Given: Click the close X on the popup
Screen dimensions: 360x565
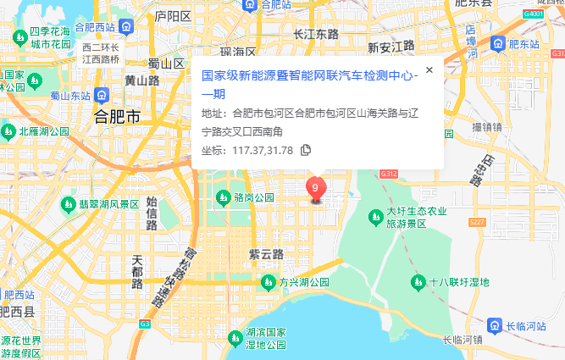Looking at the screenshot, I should click(x=429, y=70).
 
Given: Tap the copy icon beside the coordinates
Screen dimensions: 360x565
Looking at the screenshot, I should click(x=307, y=150).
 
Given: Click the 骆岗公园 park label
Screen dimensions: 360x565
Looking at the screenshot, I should click(x=254, y=197).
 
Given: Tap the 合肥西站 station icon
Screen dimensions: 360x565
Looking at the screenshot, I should click(x=125, y=28).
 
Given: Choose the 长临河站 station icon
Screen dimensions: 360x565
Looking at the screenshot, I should click(x=494, y=325).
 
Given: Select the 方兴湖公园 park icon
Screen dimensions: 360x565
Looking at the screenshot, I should click(x=267, y=282).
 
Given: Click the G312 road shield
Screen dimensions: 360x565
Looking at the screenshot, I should click(x=389, y=174).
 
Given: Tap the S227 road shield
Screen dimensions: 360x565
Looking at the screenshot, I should click(x=477, y=222).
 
